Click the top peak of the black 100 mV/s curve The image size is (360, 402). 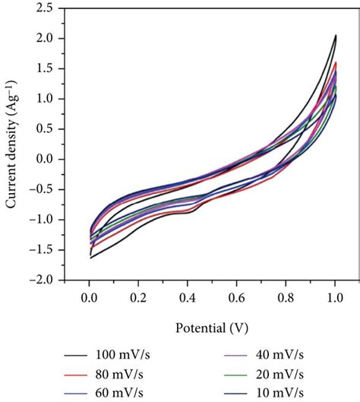tap(336, 35)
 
